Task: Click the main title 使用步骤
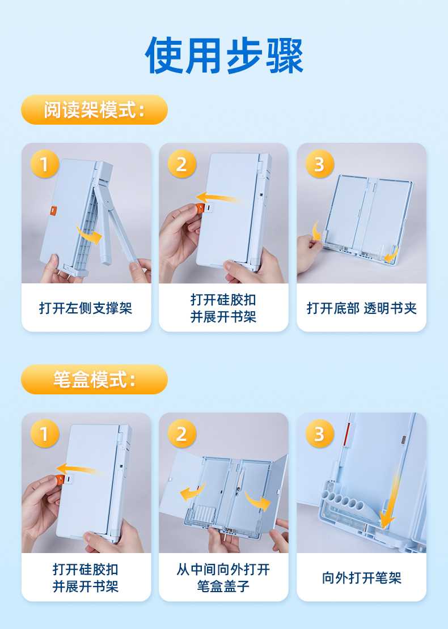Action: tap(224, 55)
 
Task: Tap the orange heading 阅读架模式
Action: tap(94, 109)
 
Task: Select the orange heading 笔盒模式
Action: tap(94, 379)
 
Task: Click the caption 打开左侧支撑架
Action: tap(86, 308)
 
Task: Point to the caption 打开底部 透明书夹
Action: tap(362, 308)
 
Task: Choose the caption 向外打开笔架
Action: tap(362, 577)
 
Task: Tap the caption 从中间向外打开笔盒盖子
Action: tap(223, 577)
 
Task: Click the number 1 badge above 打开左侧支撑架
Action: tap(45, 164)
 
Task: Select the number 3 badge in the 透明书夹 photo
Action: tap(319, 164)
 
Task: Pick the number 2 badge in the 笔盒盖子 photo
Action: tap(182, 433)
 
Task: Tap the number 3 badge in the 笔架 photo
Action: tap(319, 433)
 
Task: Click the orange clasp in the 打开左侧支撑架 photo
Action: tap(53, 211)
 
